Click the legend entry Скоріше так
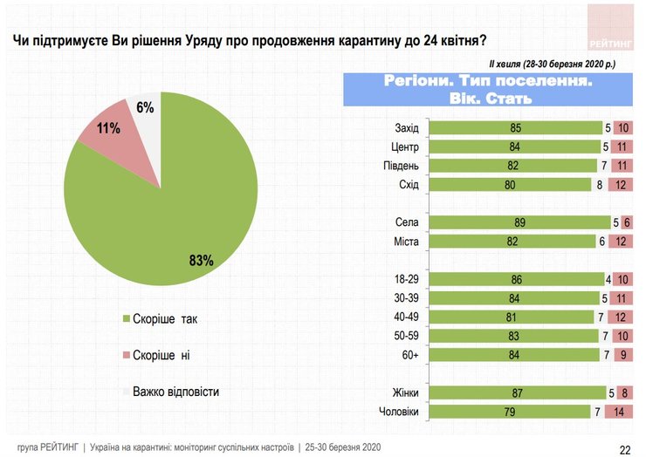click(165, 319)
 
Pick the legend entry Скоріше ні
click(163, 355)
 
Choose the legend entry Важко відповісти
click(175, 392)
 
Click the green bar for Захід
click(515, 128)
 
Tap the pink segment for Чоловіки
click(619, 412)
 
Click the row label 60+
click(409, 354)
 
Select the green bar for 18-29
click(515, 280)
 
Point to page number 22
click(625, 449)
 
